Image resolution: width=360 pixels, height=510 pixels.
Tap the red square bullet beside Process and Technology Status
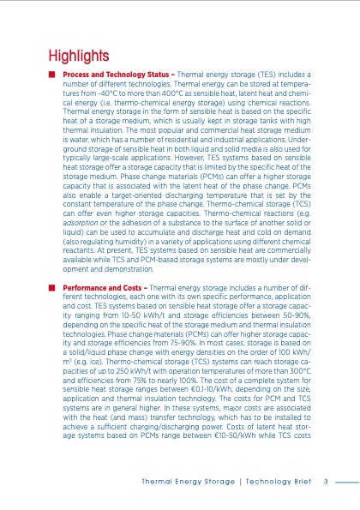pyautogui.click(x=53, y=76)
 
